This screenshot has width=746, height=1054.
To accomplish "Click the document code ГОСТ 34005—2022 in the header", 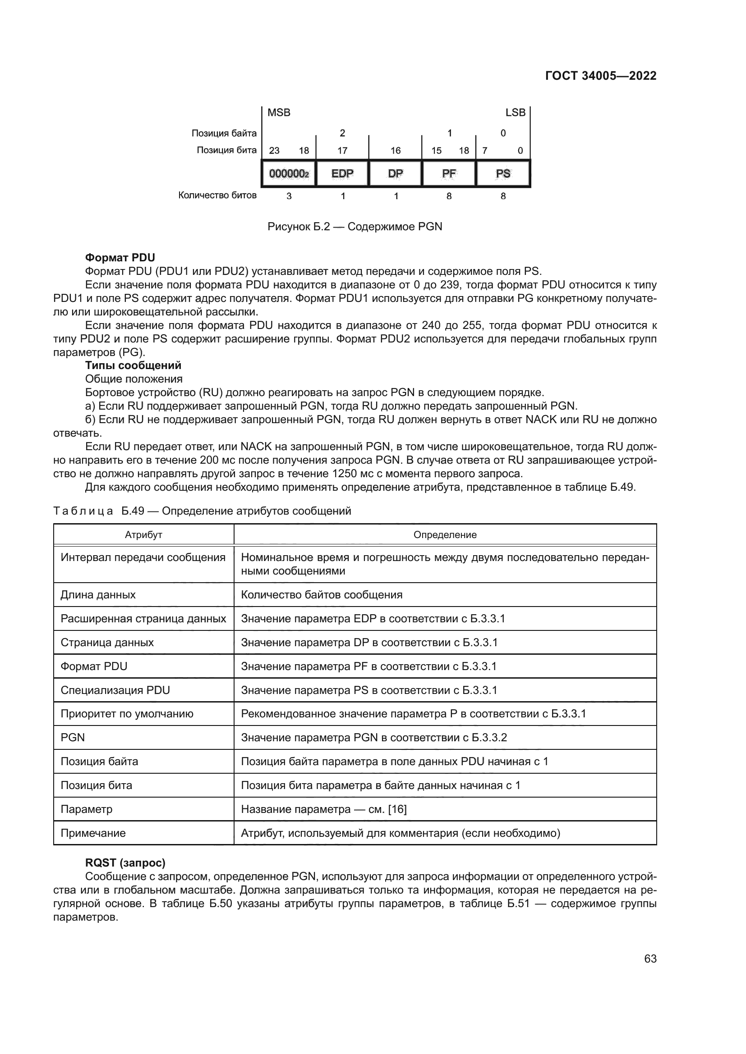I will (x=600, y=76).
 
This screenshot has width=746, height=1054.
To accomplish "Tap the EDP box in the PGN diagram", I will (x=342, y=173).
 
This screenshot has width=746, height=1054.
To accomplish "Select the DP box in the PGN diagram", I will (x=396, y=173).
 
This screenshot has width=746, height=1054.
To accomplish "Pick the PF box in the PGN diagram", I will (x=449, y=173).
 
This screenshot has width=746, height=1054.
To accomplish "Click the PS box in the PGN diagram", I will (x=503, y=173).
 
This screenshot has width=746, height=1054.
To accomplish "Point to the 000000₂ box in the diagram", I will (x=289, y=173).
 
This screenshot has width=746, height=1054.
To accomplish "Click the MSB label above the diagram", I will (x=279, y=113).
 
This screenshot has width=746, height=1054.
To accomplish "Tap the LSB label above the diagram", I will (x=515, y=113).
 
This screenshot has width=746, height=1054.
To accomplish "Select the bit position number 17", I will (x=342, y=151).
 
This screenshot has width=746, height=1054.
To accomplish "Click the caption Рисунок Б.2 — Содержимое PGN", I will (x=355, y=227).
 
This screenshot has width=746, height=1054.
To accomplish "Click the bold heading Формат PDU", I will (x=120, y=258).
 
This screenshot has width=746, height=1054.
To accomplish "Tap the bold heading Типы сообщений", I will (x=133, y=365).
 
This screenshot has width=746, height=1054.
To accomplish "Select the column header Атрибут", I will (x=144, y=535).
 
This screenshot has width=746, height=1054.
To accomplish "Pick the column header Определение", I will (x=445, y=535).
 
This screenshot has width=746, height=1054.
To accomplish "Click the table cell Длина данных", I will (x=98, y=595).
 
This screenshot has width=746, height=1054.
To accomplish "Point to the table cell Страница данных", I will (x=107, y=643).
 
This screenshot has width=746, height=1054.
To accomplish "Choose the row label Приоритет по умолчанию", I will (x=127, y=714).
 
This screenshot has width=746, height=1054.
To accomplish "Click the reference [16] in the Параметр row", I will (x=397, y=809).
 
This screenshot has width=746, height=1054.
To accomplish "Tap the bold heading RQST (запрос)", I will (x=125, y=863).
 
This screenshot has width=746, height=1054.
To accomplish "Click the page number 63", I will (x=650, y=958).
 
